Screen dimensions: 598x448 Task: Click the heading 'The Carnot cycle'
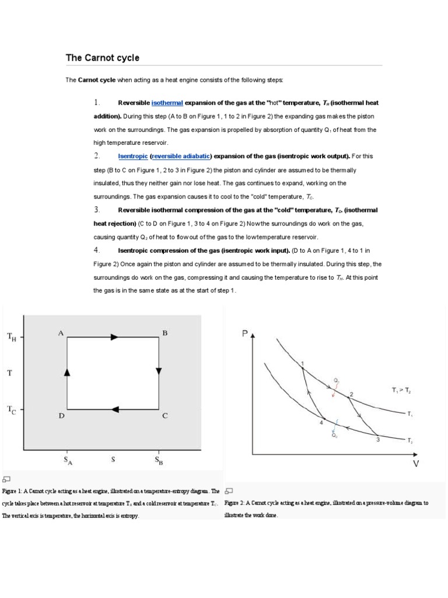tap(103, 58)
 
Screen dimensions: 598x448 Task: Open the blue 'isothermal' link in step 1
tap(167, 103)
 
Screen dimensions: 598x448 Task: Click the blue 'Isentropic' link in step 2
tap(132, 156)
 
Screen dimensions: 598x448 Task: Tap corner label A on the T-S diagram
tap(60, 333)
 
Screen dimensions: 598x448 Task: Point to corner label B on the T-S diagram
tap(165, 333)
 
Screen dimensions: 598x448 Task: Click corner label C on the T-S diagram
tap(165, 416)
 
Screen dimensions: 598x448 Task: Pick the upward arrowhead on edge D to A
tap(67, 372)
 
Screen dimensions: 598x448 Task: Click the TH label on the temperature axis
tap(12, 336)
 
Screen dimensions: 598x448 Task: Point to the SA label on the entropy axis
tap(68, 460)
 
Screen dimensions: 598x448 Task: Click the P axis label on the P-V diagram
tap(245, 334)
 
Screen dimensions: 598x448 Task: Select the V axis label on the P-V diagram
tap(416, 464)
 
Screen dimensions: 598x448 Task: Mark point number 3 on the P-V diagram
tap(377, 439)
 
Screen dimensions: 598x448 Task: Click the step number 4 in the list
tap(97, 250)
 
